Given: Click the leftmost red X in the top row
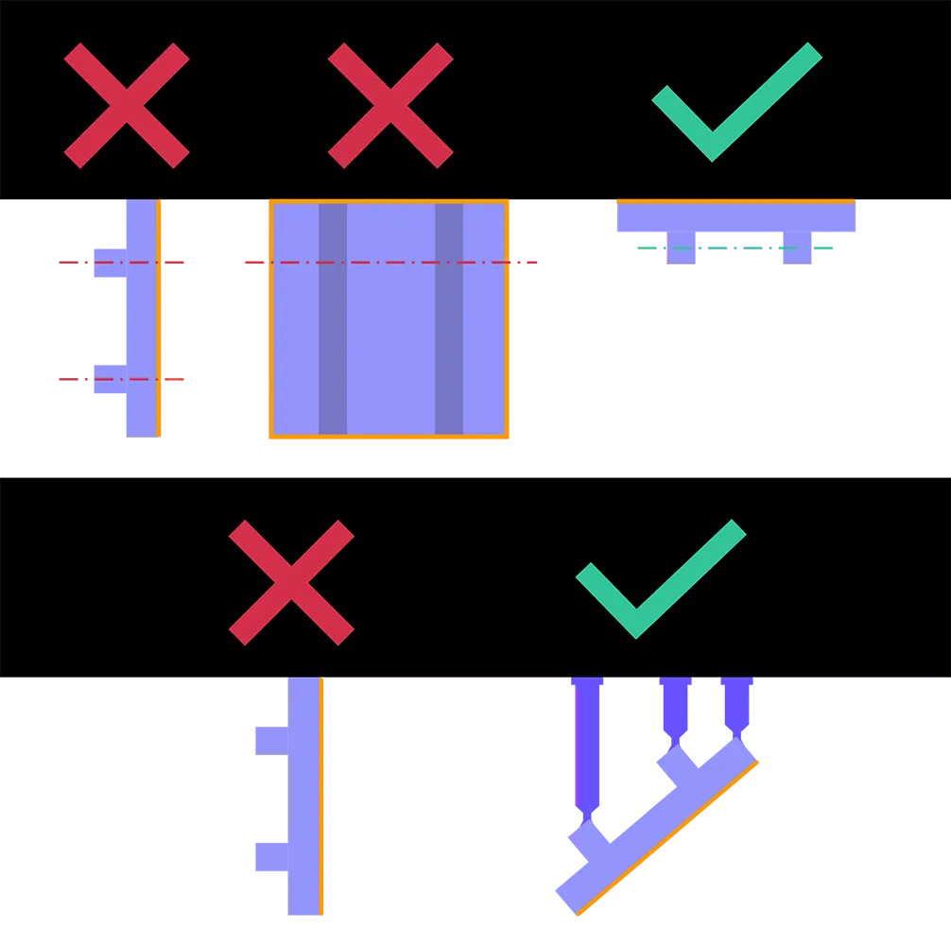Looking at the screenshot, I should click(127, 106).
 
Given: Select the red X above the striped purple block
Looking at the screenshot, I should click(390, 106).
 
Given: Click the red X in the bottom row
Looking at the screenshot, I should click(291, 582).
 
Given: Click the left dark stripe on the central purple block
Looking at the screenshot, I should click(332, 318).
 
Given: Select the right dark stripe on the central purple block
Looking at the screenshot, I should click(449, 318).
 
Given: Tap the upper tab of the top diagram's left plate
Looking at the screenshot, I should click(106, 261).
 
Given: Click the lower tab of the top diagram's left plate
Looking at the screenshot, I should click(106, 381).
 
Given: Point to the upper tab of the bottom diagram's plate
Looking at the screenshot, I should click(268, 740).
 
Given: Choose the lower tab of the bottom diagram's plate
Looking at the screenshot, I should click(268, 857).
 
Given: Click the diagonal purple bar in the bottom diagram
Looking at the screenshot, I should click(662, 822).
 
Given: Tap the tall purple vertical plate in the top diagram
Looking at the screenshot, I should click(139, 318).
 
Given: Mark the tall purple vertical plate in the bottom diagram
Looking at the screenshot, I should click(304, 799).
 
